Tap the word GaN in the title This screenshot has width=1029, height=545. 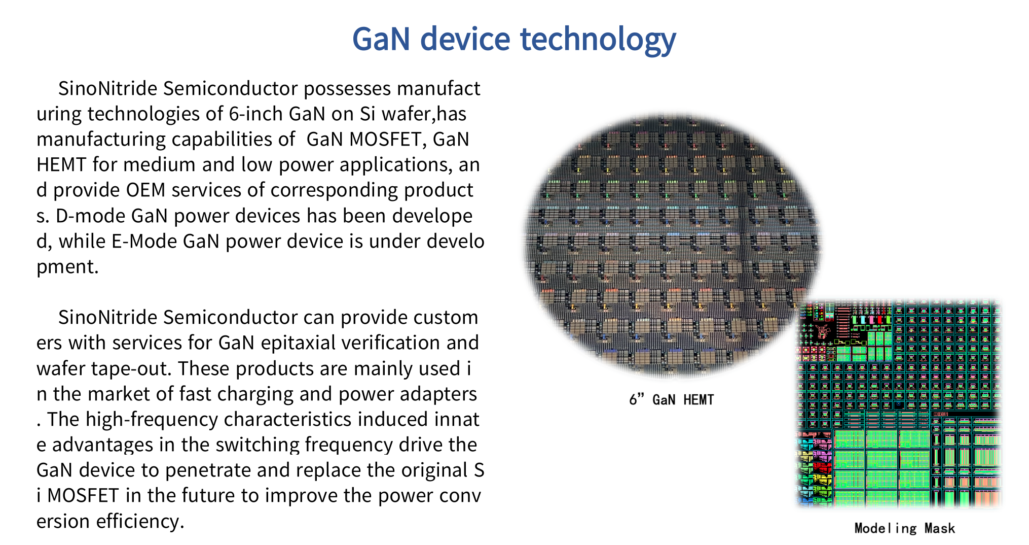coord(381,40)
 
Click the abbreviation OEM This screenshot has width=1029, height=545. coord(145,190)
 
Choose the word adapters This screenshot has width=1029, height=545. coord(438,394)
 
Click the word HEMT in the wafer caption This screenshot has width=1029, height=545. coord(698,400)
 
